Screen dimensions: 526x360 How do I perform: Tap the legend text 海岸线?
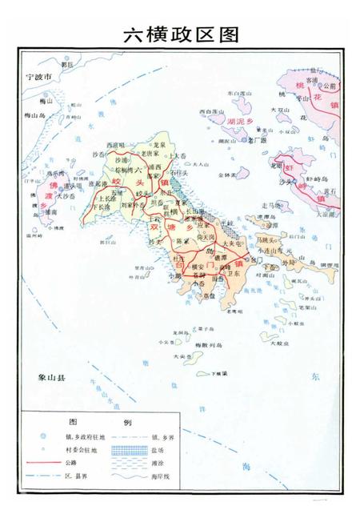pyautogui.click(x=186, y=476)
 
